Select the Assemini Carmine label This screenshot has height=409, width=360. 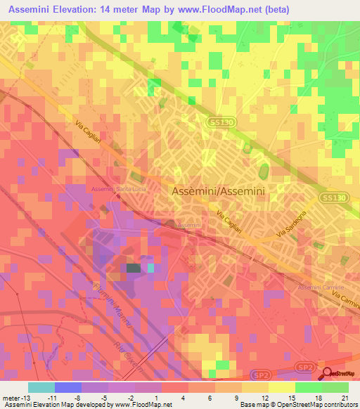coord(320,288)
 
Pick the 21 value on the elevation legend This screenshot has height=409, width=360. coord(345,397)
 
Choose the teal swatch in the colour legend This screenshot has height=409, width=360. coord(41,387)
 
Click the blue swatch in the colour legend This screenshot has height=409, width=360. coord(67,387)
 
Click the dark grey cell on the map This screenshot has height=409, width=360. coord(133,268)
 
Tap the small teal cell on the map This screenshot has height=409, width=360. coord(150,268)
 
